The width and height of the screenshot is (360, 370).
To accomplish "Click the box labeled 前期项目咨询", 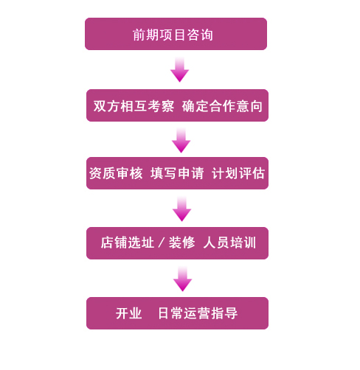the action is (x=176, y=34).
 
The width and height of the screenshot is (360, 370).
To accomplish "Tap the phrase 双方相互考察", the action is (x=134, y=106).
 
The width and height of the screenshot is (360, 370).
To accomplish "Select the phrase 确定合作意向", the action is (x=222, y=106).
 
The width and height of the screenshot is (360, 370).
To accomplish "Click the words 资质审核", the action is (x=116, y=173).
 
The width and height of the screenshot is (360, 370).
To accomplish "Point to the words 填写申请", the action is (x=177, y=173).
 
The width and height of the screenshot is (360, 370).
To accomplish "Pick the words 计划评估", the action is (x=238, y=173).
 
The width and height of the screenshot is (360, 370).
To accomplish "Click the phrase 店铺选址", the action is (x=128, y=242).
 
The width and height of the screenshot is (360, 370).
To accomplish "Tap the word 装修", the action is (x=182, y=242).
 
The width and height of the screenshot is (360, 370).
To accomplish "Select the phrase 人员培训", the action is (x=229, y=242).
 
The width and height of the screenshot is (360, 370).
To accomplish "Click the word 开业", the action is (x=129, y=313).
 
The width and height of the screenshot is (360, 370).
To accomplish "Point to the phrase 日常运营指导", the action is (x=198, y=313).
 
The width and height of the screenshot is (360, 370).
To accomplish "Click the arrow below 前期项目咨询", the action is (x=179, y=69).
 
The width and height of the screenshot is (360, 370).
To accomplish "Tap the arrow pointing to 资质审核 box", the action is (x=181, y=140).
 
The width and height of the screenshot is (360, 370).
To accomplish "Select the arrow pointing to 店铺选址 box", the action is (x=181, y=209).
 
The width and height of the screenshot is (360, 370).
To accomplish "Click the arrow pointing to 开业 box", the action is (x=182, y=279).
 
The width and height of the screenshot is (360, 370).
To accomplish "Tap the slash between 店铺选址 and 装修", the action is (x=162, y=242).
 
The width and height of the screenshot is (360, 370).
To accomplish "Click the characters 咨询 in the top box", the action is (x=200, y=35).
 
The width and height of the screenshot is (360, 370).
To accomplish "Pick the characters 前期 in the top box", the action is (x=145, y=35).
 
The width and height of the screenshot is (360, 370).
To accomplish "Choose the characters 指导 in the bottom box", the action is (x=224, y=313).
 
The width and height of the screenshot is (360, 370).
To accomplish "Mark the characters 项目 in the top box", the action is (x=173, y=35).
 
